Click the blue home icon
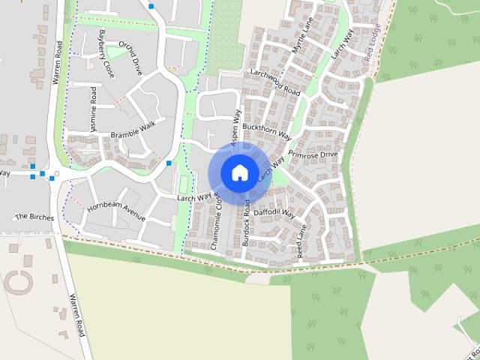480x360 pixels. point(239,172)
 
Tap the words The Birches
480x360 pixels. point(34,217)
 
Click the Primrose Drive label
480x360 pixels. point(319,154)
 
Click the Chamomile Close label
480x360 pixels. point(216,223)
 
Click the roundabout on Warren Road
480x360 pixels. point(56,175)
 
